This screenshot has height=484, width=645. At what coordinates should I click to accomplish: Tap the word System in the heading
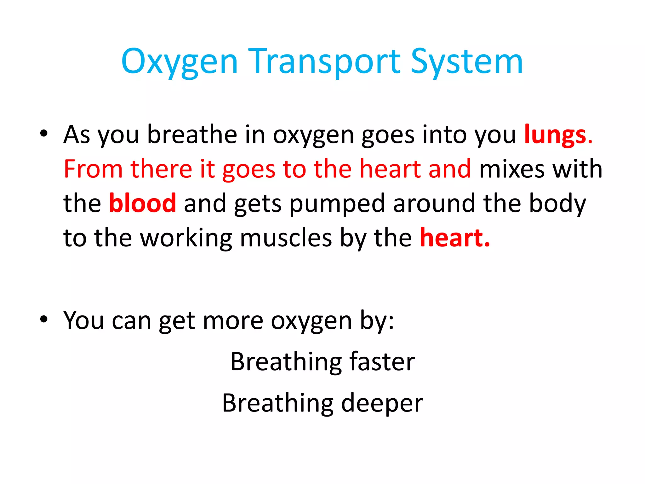(467, 62)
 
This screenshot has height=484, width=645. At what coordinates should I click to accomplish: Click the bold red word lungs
(555, 135)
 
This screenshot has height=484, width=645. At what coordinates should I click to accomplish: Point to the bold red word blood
(142, 203)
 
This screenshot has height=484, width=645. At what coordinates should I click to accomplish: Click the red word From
(93, 169)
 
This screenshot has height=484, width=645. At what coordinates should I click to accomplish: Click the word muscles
(286, 238)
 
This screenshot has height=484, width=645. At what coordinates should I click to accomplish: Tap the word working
(186, 238)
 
